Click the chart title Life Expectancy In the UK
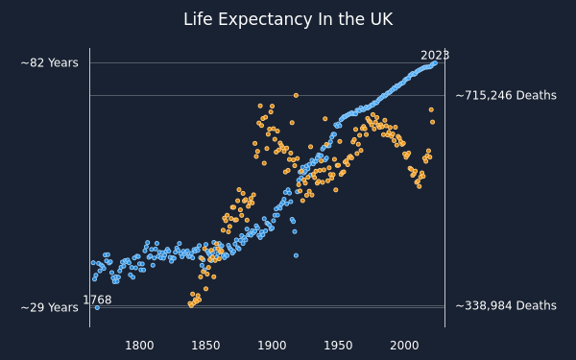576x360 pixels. click(x=288, y=19)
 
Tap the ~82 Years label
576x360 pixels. click(x=50, y=62)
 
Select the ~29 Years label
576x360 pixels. click(x=50, y=307)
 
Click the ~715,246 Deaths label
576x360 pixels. click(x=506, y=95)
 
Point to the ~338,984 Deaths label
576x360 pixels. click(x=506, y=305)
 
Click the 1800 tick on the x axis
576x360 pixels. click(x=139, y=346)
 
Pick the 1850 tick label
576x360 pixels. click(x=205, y=346)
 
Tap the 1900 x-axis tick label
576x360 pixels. click(x=272, y=346)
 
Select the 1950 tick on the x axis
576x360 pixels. click(x=338, y=346)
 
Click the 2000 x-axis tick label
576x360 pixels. click(x=404, y=346)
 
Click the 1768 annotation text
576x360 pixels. click(x=97, y=300)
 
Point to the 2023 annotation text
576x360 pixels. click(x=435, y=55)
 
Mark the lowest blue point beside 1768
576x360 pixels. click(x=97, y=308)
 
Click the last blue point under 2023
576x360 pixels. click(x=435, y=63)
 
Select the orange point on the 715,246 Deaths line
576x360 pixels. click(x=296, y=95)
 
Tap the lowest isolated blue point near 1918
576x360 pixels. click(x=296, y=255)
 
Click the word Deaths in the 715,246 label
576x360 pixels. click(x=537, y=95)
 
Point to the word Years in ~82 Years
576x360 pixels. click(x=63, y=62)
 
